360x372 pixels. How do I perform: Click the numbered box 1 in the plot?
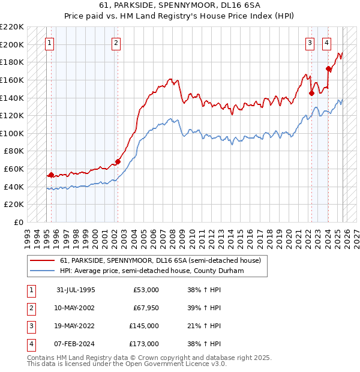point(49,43)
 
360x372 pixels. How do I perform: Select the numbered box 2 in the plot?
point(116,43)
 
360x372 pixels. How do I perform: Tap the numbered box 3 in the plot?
point(310,43)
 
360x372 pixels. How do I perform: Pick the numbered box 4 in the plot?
point(326,43)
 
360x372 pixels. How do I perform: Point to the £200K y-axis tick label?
point(12,44)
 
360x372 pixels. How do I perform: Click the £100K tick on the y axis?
point(12,133)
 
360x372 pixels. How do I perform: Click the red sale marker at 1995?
point(51,175)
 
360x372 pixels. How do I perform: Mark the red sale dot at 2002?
point(118,161)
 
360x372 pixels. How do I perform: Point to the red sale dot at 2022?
point(311,93)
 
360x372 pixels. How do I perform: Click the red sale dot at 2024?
point(328,68)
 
